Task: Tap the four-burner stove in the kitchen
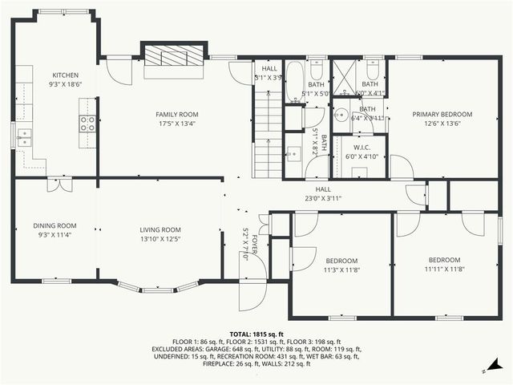point(87,123)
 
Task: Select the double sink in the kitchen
point(23,137)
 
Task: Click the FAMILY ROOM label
point(176,115)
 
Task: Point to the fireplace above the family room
point(175,58)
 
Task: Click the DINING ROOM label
point(55,225)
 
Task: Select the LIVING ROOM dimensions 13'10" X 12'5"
point(160,238)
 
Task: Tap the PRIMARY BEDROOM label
point(442,115)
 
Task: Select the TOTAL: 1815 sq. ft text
point(256,334)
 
